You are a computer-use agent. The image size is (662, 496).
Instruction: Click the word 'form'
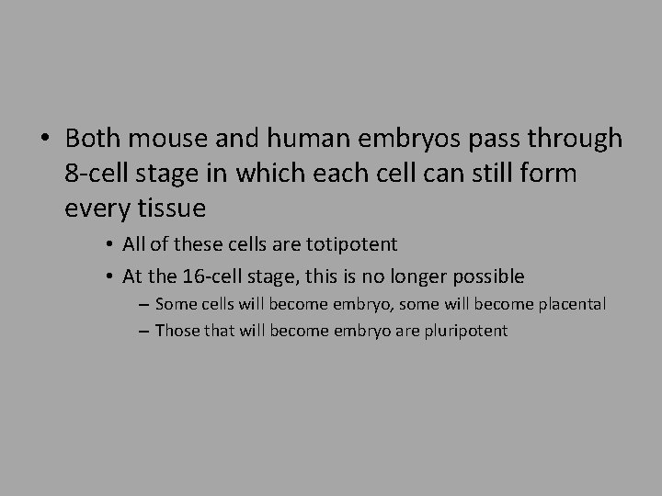(x=550, y=175)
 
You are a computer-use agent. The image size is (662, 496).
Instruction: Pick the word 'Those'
(x=177, y=330)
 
